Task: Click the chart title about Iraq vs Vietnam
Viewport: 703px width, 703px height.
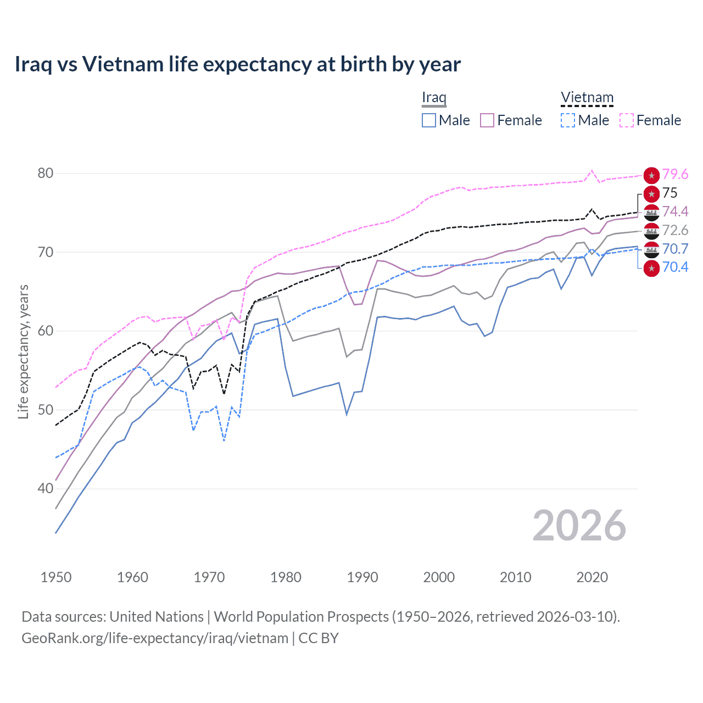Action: tap(237, 64)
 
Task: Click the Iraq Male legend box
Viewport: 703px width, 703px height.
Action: tap(429, 120)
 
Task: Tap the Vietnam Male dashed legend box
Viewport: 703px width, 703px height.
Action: tap(568, 120)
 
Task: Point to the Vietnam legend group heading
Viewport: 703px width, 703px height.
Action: tap(587, 98)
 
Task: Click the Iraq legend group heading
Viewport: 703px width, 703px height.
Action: tap(434, 98)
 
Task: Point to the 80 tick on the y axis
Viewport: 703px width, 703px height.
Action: tap(46, 174)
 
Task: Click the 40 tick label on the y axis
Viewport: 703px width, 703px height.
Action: tap(46, 488)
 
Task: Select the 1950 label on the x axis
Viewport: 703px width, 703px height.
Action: tap(56, 577)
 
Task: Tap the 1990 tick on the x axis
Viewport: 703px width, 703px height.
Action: tap(362, 577)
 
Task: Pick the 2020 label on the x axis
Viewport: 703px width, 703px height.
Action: tap(592, 577)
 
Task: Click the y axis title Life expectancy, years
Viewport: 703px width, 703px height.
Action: tap(24, 351)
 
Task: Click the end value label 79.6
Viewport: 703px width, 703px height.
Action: tap(675, 174)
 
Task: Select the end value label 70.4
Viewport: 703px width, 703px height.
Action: tap(675, 267)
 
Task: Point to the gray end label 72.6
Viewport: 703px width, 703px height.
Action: tap(675, 230)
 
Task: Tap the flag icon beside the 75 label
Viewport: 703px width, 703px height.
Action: tap(651, 193)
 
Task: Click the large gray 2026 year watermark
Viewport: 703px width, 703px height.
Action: tap(579, 526)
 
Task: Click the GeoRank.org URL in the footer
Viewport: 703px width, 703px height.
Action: tap(155, 638)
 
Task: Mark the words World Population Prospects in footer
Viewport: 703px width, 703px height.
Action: tap(301, 617)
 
